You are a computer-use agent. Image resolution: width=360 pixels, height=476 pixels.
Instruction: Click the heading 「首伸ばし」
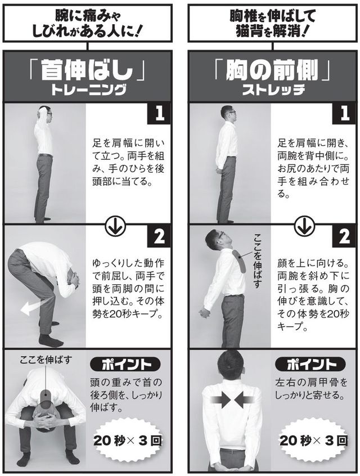[x=87, y=70]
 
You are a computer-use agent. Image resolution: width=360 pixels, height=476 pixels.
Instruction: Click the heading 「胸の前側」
[x=272, y=70]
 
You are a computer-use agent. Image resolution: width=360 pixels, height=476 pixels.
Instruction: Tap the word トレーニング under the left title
[x=88, y=90]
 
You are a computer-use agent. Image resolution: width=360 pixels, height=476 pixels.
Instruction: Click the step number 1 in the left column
[x=159, y=114]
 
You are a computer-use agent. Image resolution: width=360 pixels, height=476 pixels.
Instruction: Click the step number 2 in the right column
[x=344, y=236]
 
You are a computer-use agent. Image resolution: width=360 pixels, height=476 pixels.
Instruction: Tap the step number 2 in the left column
[x=159, y=236]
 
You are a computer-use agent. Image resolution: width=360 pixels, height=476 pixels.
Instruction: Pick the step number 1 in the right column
[x=344, y=114]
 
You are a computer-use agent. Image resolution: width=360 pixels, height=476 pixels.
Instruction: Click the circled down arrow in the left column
[x=115, y=226]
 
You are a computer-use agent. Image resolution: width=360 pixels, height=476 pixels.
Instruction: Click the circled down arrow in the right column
[x=304, y=226]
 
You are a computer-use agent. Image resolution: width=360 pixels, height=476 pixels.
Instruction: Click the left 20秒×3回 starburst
[x=128, y=441]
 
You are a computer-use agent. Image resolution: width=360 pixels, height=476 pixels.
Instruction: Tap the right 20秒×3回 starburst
[x=313, y=441]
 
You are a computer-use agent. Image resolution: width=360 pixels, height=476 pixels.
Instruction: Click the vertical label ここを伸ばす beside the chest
[x=257, y=261]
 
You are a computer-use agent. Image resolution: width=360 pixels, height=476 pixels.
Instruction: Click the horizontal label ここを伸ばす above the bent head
[x=46, y=360]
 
